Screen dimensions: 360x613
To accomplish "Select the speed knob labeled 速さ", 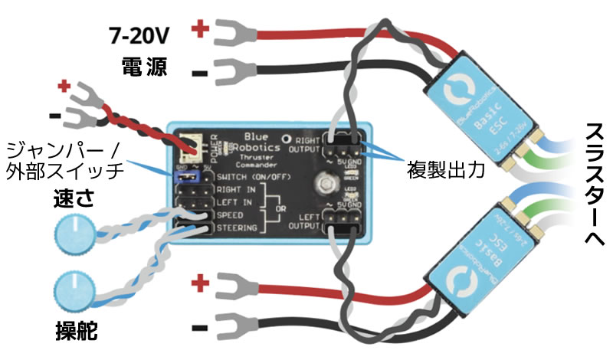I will [x=75, y=231].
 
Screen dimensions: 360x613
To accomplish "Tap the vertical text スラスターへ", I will [x=592, y=185].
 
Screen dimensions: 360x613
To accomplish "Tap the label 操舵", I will [x=76, y=331].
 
